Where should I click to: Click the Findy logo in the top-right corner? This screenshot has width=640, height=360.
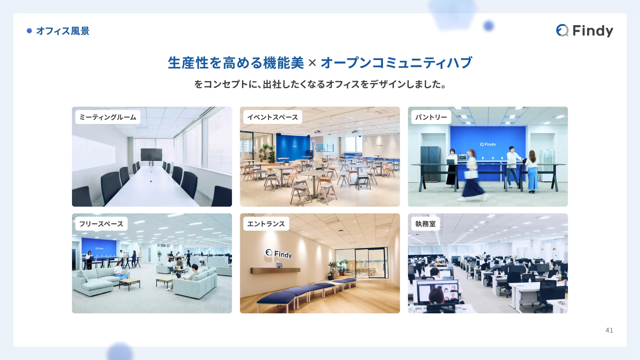[585, 31]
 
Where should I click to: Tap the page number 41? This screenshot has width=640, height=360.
[609, 330]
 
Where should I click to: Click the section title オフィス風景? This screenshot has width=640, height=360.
[63, 31]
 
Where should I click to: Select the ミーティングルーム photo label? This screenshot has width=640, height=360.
[108, 117]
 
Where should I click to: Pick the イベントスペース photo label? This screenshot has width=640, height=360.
[273, 117]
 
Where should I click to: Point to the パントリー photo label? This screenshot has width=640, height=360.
[431, 117]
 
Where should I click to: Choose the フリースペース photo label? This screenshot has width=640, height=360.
[101, 224]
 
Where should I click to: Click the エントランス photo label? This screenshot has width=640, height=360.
[266, 224]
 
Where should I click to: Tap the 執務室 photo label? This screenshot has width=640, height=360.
[425, 224]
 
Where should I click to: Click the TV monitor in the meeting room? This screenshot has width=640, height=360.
[151, 154]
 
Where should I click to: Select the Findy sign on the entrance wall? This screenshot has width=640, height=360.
[278, 254]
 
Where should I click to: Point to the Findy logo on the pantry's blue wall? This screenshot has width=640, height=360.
[488, 144]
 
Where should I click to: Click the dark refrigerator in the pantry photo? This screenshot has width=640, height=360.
[430, 164]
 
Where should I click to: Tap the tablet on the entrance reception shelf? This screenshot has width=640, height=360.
[279, 265]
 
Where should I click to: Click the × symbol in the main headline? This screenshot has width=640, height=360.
[312, 63]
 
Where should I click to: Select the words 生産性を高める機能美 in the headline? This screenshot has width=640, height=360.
[236, 63]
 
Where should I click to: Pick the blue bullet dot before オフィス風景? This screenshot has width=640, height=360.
[29, 31]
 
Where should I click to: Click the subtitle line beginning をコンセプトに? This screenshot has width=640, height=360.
[320, 84]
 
